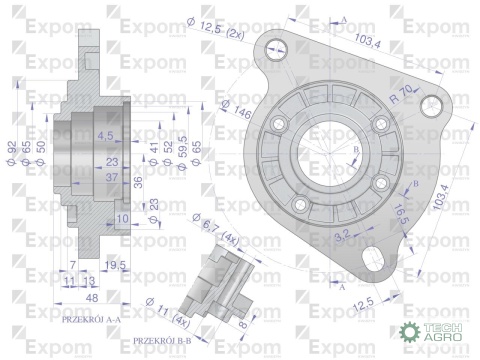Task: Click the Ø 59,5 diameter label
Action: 183,151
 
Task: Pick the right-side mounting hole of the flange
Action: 435,105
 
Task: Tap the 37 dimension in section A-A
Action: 112,176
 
